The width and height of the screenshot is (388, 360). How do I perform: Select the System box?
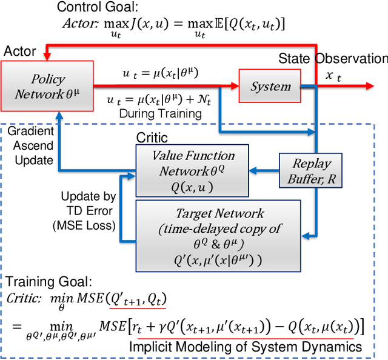pos(271,86)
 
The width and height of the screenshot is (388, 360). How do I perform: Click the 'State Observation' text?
pos(332,59)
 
